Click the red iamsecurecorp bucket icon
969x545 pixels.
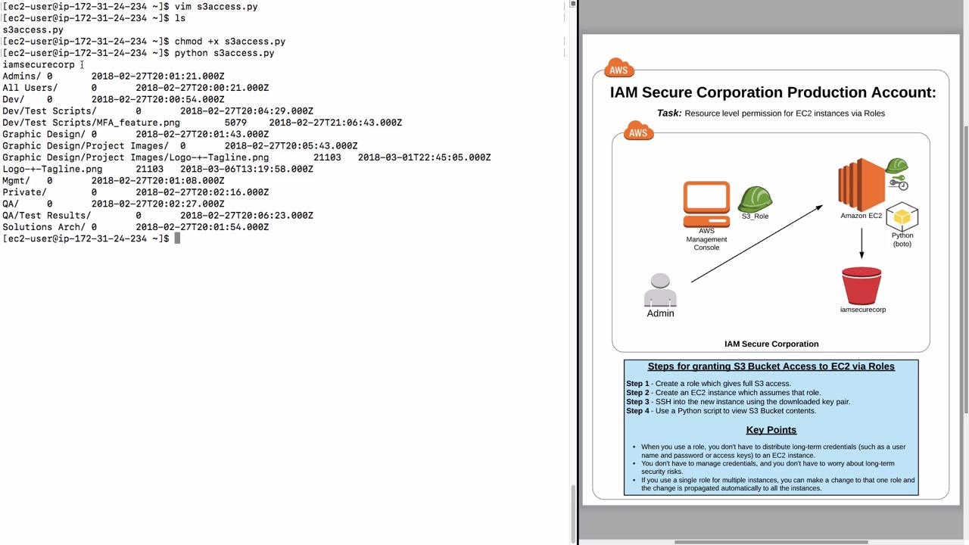[862, 285]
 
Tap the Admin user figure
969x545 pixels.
[660, 291]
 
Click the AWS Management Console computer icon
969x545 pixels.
[706, 204]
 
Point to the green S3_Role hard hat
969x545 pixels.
[755, 199]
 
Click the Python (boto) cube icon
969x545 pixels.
[902, 217]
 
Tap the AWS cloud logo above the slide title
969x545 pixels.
[618, 68]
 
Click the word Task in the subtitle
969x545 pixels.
[668, 113]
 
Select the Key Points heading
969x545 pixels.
[771, 430]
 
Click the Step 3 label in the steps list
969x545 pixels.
[637, 402]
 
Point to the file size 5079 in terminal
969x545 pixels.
[235, 123]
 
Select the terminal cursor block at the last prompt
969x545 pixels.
[177, 238]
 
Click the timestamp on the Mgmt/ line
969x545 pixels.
[157, 181]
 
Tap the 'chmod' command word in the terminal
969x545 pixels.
[189, 42]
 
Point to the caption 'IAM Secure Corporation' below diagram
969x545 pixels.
[771, 344]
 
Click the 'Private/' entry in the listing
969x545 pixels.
[24, 192]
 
